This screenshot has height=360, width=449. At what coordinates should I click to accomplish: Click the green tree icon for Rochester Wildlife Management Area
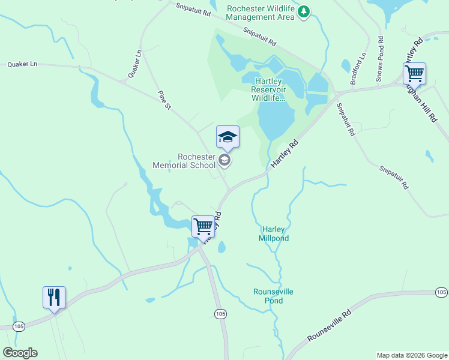(x=304, y=11)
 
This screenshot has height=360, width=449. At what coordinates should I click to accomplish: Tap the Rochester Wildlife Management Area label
(x=261, y=12)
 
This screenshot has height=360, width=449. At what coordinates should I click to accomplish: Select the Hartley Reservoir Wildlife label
(x=268, y=89)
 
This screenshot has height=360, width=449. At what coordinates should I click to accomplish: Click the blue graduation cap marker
(x=228, y=137)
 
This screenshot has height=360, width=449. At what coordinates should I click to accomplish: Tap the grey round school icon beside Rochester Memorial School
(x=224, y=159)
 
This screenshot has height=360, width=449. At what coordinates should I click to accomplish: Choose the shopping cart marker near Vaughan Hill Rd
(x=414, y=74)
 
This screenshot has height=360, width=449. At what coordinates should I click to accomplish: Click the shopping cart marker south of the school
(x=203, y=226)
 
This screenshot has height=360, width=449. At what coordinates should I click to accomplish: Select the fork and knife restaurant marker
(x=54, y=297)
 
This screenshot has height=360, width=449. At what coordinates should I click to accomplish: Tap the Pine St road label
(x=164, y=99)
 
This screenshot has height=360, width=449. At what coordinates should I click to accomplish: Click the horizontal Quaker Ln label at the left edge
(x=22, y=64)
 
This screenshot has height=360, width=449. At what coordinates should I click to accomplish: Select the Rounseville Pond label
(x=273, y=296)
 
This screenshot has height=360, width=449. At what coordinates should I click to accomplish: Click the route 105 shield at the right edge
(x=441, y=292)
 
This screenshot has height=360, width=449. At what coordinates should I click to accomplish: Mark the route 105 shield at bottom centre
(x=220, y=314)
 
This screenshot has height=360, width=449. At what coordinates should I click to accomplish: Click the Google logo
(x=20, y=353)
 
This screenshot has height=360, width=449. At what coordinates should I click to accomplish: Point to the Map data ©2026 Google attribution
(x=412, y=355)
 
